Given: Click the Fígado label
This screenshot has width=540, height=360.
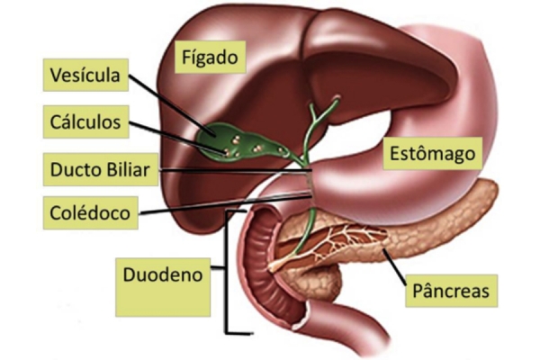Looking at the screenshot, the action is click(210, 58).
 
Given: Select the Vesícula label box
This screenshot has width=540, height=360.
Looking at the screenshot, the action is click(85, 75).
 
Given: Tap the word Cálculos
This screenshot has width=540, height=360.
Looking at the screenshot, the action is click(85, 122).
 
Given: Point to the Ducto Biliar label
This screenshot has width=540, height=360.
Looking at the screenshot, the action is click(101, 169).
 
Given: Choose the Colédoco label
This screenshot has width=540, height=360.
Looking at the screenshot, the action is click(90, 213).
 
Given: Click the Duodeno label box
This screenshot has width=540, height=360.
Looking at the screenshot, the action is click(163, 287).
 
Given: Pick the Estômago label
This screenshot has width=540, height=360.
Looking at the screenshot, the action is click(433, 153).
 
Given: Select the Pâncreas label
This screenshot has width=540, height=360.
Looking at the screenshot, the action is click(451, 291).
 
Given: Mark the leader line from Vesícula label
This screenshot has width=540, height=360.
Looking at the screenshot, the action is click(172, 105).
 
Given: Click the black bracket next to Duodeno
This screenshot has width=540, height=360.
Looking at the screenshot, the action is click(228, 272).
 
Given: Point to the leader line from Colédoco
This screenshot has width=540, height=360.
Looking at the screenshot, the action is click(226, 204).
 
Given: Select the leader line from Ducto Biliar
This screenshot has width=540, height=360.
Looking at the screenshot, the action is click(236, 170).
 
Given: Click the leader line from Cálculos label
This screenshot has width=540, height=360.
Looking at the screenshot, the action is click(177, 137).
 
